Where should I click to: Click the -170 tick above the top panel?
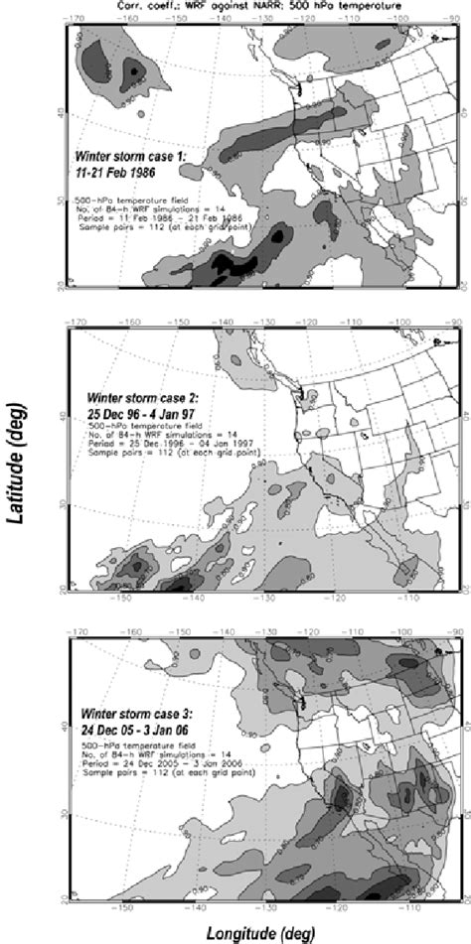pos(75,18)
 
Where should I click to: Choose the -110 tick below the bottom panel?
pos(409,906)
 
